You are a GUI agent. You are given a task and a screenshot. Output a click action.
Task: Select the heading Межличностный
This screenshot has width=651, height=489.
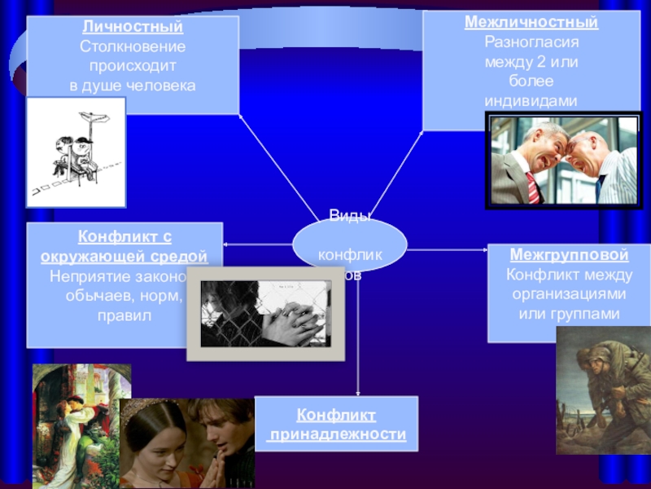point(531,22)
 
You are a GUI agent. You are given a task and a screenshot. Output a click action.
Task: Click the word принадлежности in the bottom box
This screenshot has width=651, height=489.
point(337,434)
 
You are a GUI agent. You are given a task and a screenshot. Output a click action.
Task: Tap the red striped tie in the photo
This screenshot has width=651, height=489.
point(532,187)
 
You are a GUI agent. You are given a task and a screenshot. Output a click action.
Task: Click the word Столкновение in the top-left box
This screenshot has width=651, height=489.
point(133,46)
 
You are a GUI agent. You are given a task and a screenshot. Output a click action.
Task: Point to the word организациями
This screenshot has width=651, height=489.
point(569,293)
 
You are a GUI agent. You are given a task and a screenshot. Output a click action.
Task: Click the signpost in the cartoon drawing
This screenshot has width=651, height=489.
point(95,122)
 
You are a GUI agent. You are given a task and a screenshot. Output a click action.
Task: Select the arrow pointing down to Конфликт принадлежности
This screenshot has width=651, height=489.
point(359,342)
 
